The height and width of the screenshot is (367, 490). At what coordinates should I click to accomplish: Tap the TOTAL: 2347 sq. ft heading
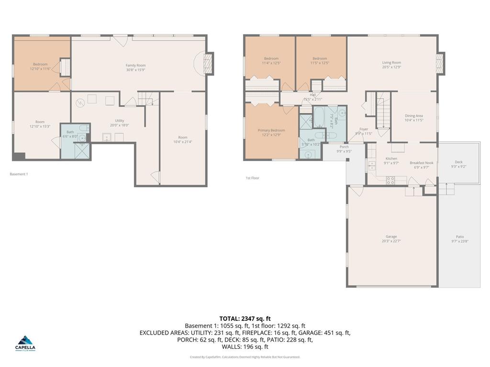pyautogui.click(x=245, y=318)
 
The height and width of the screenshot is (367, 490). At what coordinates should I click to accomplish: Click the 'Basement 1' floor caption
pyautogui.click(x=19, y=174)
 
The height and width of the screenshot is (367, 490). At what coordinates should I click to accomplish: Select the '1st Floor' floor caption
pyautogui.click(x=252, y=178)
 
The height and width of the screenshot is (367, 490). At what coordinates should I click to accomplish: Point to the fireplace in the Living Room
pyautogui.click(x=440, y=63)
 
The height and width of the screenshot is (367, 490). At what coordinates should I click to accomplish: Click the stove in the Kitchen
pyautogui.click(x=390, y=181)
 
